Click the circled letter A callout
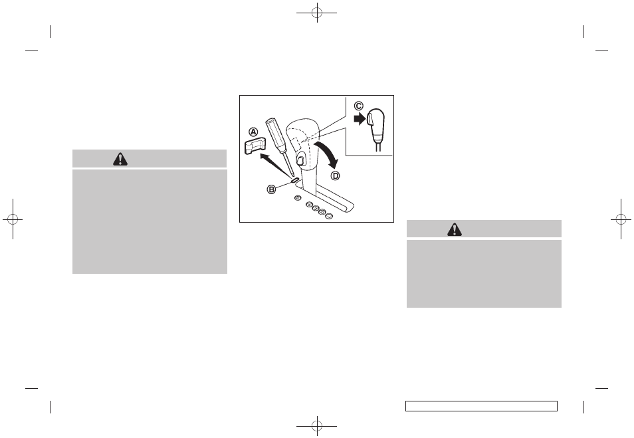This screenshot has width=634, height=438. tap(253, 132)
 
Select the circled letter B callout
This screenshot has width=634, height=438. tap(271, 189)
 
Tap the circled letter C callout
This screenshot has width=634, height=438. tap(359, 106)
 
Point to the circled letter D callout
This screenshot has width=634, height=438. tap(335, 176)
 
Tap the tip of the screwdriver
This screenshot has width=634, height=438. tap(293, 177)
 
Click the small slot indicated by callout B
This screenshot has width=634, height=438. tap(295, 180)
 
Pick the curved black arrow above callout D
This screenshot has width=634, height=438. tap(330, 154)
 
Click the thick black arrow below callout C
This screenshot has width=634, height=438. tap(360, 118)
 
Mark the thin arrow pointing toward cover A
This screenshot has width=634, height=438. tap(275, 165)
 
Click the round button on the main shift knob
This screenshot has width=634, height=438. tap(300, 161)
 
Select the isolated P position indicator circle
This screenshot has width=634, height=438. tap(297, 198)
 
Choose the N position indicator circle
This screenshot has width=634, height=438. tap(322, 212)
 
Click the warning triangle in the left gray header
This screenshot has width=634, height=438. tap(120, 160)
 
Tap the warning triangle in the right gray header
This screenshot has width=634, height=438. tap(455, 229)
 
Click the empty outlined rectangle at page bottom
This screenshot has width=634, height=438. tap(482, 406)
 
